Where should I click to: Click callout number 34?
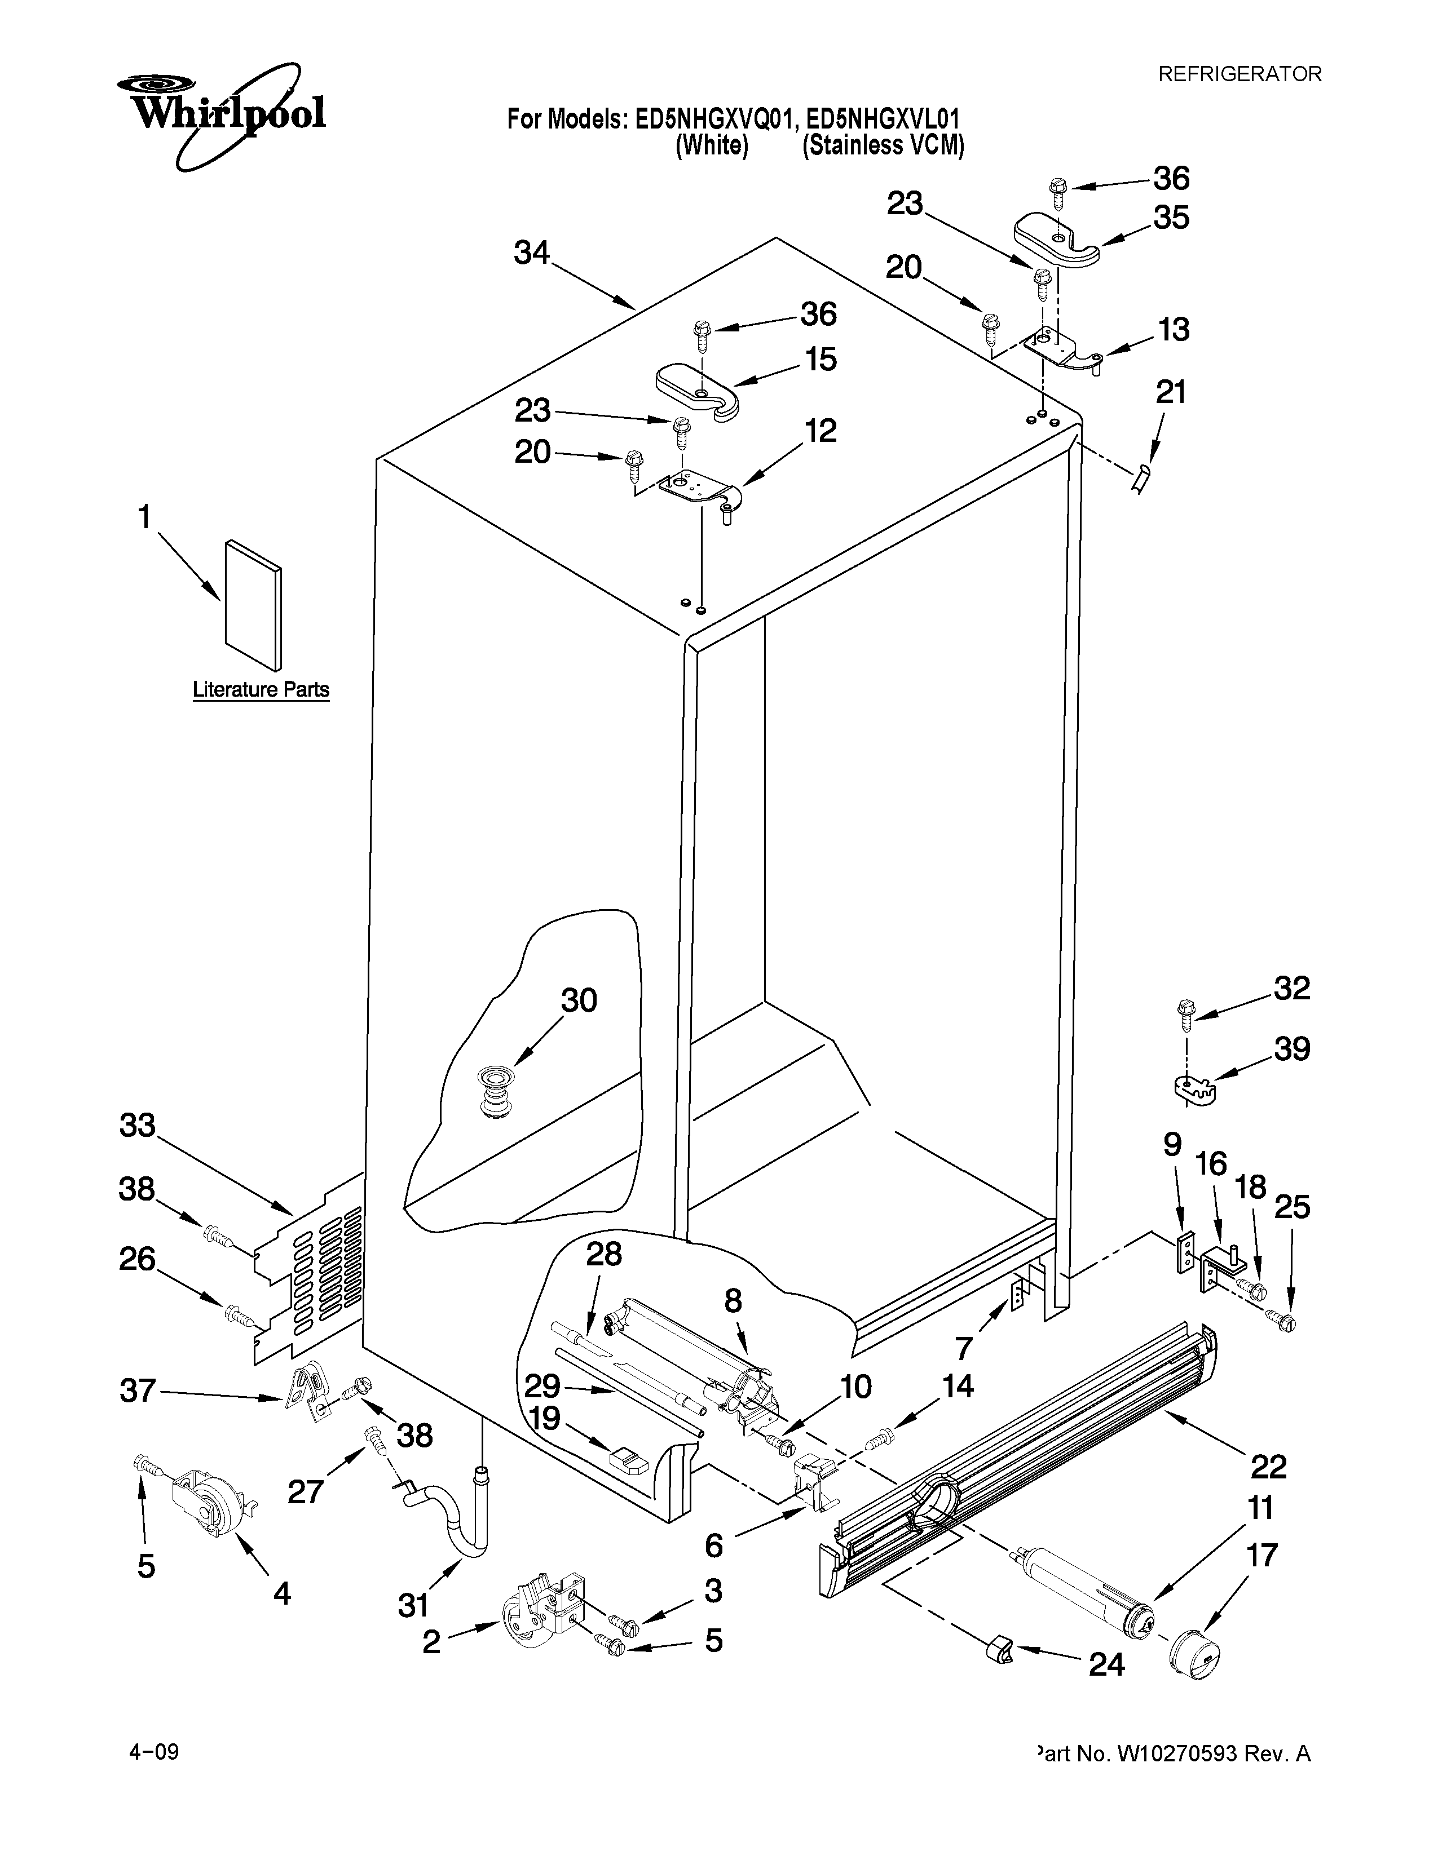pos(532,253)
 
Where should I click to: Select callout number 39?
pos(1291,1049)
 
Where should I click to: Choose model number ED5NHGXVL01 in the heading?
pos(884,118)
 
